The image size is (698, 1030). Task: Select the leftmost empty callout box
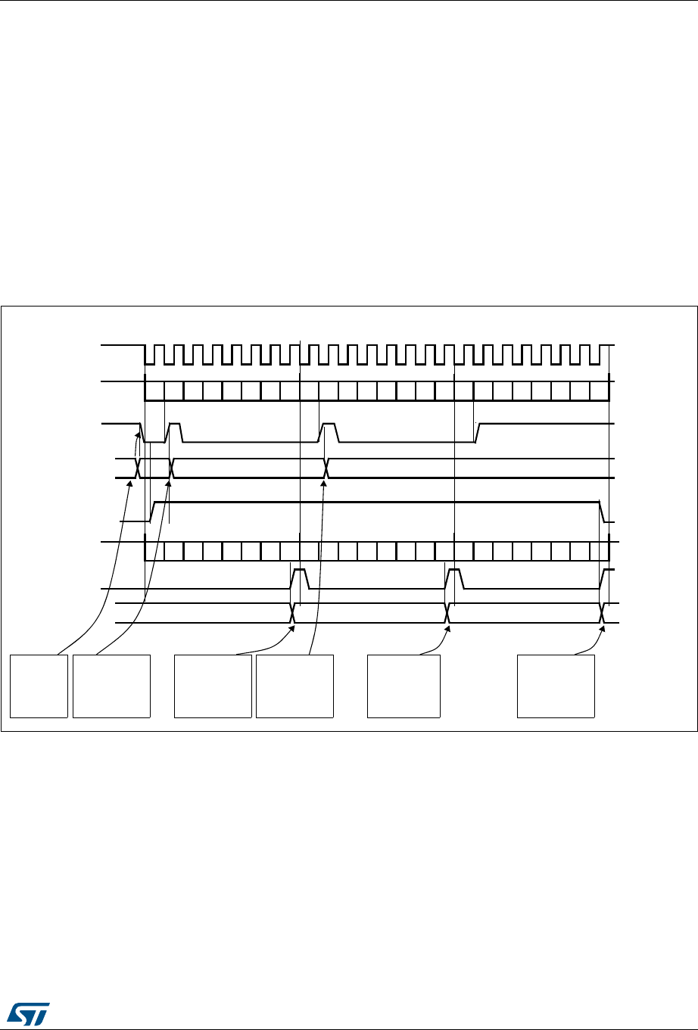tap(39, 686)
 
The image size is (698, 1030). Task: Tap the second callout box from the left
tap(111, 686)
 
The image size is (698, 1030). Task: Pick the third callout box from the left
tap(213, 686)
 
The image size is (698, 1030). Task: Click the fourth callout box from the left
tap(294, 686)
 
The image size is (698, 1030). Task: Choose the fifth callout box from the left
tap(404, 686)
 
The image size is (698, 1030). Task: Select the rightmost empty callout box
tap(556, 686)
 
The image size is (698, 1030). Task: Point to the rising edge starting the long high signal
tap(152, 512)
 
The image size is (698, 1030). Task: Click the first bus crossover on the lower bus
tap(293, 613)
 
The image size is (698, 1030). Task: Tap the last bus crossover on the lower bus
tap(602, 613)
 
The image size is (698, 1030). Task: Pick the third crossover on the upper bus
tap(326, 468)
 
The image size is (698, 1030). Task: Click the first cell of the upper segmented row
tap(154, 391)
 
